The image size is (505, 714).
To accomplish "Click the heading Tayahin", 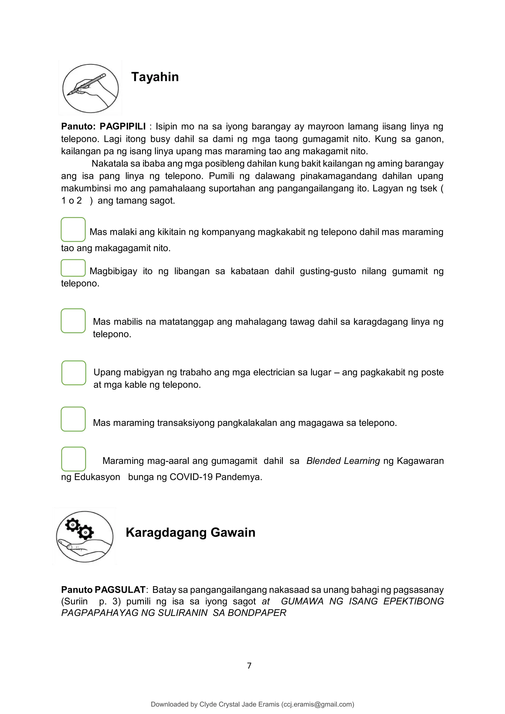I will pyautogui.click(x=155, y=77).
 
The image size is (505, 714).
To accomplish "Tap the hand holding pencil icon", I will pyautogui.click(x=90, y=88).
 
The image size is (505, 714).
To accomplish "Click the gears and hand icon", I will pyautogui.click(x=85, y=536).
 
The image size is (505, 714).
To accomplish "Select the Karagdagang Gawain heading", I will pyautogui.click(x=190, y=532).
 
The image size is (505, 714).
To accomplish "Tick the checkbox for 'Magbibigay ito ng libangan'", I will pyautogui.click(x=73, y=268).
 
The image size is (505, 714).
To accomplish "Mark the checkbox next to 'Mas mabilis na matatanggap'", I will pyautogui.click(x=73, y=321).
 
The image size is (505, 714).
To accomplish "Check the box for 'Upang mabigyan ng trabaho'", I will pyautogui.click(x=74, y=373).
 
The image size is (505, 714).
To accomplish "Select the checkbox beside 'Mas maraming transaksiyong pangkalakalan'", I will pyautogui.click(x=73, y=419).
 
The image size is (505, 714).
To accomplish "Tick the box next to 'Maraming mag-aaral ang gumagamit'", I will pyautogui.click(x=74, y=459).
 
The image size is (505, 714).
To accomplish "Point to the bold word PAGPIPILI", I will pyautogui.click(x=123, y=127).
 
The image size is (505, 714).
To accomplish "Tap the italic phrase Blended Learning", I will pyautogui.click(x=343, y=461).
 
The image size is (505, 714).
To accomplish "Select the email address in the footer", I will pyautogui.click(x=318, y=704).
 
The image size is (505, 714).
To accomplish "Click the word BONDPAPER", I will pyautogui.click(x=257, y=613).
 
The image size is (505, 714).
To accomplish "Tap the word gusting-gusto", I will pyautogui.click(x=328, y=271).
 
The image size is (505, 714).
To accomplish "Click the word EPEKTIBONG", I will pyautogui.click(x=413, y=601).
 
